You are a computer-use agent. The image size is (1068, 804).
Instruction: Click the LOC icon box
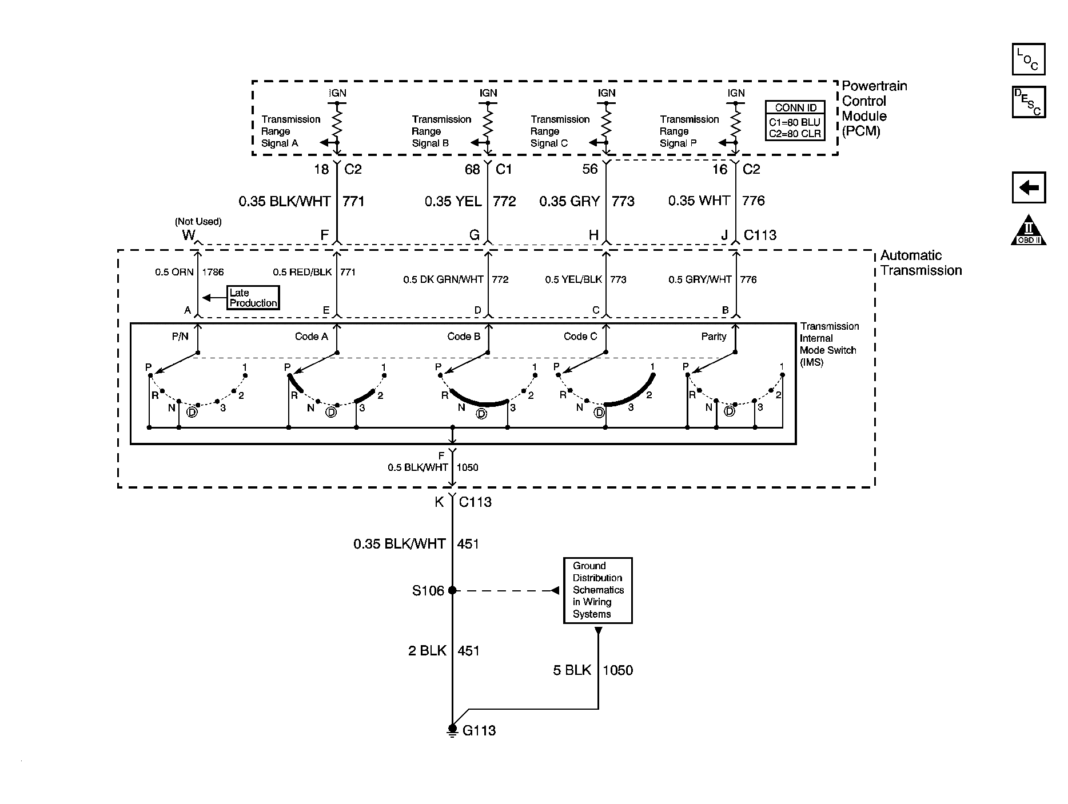pos(1029,59)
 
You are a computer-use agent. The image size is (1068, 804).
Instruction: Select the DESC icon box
pos(1029,102)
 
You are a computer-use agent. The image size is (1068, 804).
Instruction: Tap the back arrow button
pos(1029,187)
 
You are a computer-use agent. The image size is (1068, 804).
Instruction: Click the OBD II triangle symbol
pos(1029,230)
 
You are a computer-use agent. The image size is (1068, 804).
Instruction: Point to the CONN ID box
pos(796,121)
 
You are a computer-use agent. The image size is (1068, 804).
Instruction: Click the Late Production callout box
pos(253,298)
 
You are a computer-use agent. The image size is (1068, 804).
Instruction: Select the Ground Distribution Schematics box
pos(598,590)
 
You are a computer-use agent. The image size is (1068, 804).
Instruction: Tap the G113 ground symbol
pos(452,730)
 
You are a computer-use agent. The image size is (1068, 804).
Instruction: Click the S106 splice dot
pos(452,590)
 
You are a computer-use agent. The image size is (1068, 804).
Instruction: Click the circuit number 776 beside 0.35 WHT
pos(754,201)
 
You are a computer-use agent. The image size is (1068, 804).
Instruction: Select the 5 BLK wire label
pos(572,670)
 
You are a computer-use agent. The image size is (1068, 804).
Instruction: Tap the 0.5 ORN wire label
pos(174,273)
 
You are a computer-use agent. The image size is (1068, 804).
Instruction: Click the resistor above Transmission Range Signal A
pos(337,122)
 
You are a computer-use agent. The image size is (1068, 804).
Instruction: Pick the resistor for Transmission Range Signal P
pos(736,122)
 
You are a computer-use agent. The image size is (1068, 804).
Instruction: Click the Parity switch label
pos(714,337)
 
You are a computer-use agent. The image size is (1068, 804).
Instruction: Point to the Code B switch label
pos(464,337)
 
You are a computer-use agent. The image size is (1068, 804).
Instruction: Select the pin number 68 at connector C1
pos(472,169)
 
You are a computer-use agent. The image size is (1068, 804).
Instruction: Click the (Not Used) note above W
pos(198,222)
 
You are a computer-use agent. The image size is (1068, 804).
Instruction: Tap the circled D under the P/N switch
pos(192,412)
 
